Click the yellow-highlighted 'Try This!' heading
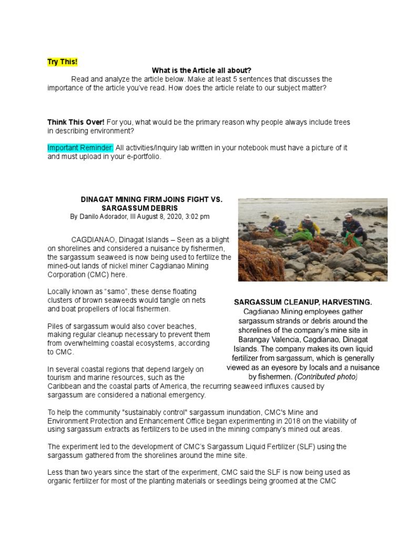coord(62,62)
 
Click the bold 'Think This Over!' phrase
coord(76,122)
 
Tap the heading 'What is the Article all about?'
coord(201,71)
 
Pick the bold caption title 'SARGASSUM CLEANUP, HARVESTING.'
coord(303,302)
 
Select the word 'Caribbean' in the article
coord(64,386)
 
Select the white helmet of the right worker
coord(348,215)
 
